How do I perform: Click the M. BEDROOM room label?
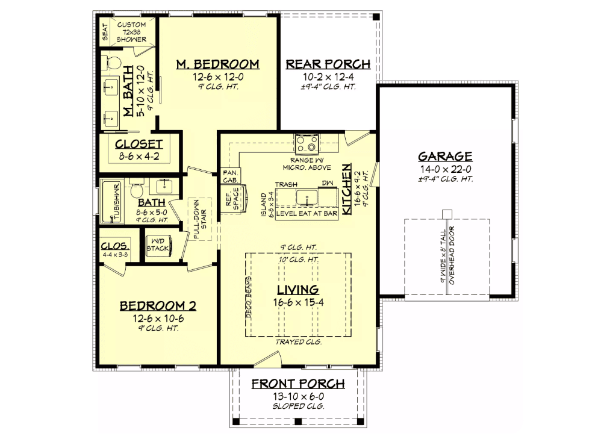pyautogui.click(x=217, y=64)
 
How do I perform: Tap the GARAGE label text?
pyautogui.click(x=446, y=156)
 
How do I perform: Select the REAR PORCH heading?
pyautogui.click(x=328, y=64)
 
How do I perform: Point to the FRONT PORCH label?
pyautogui.click(x=298, y=384)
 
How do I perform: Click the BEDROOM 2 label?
pyautogui.click(x=158, y=305)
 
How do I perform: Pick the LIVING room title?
pyautogui.click(x=298, y=290)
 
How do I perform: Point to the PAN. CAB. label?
pyautogui.click(x=231, y=175)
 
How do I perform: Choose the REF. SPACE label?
pyautogui.click(x=232, y=199)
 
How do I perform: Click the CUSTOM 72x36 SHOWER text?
pyautogui.click(x=132, y=31)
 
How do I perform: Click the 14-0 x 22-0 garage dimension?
pyautogui.click(x=446, y=169)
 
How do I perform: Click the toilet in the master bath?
pyautogui.click(x=111, y=62)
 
